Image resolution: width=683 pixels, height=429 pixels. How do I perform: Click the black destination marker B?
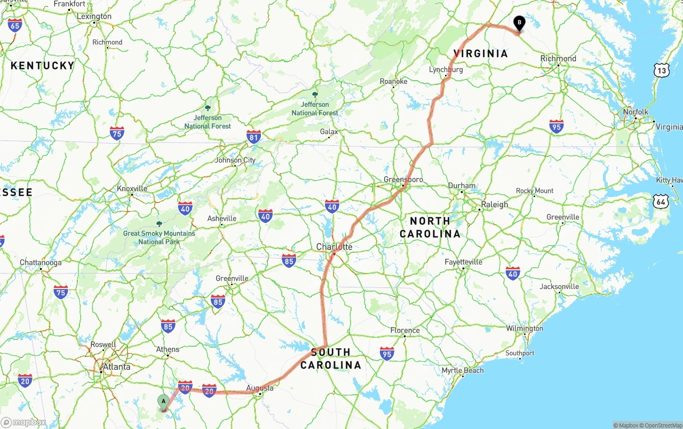tap(519, 24)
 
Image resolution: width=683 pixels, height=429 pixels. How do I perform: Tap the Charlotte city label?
tap(334, 247)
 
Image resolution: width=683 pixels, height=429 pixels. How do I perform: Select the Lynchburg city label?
tap(446, 69)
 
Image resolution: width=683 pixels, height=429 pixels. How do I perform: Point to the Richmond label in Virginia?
tap(558, 58)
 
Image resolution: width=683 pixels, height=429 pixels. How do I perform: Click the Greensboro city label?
tap(403, 180)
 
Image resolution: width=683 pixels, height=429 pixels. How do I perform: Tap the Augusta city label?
tap(260, 388)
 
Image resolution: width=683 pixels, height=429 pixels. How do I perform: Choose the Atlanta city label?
tap(116, 366)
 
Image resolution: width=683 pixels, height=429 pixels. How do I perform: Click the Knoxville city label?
tap(132, 189)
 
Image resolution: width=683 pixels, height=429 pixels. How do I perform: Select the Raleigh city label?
tap(495, 204)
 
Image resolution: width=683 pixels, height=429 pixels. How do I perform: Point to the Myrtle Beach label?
tap(463, 370)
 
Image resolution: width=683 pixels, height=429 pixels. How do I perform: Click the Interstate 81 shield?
tap(254, 137)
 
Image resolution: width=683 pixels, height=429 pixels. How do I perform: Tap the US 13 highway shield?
tap(662, 70)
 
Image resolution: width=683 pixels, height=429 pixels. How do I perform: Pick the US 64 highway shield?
tap(662, 201)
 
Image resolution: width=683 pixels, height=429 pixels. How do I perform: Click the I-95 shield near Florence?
tap(387, 353)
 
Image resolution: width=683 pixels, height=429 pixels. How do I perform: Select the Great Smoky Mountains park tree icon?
tap(158, 224)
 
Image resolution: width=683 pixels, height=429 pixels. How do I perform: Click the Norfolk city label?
tap(636, 112)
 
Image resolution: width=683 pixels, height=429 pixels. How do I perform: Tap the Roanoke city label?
tap(394, 81)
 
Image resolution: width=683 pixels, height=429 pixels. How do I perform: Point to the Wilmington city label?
tap(525, 328)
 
